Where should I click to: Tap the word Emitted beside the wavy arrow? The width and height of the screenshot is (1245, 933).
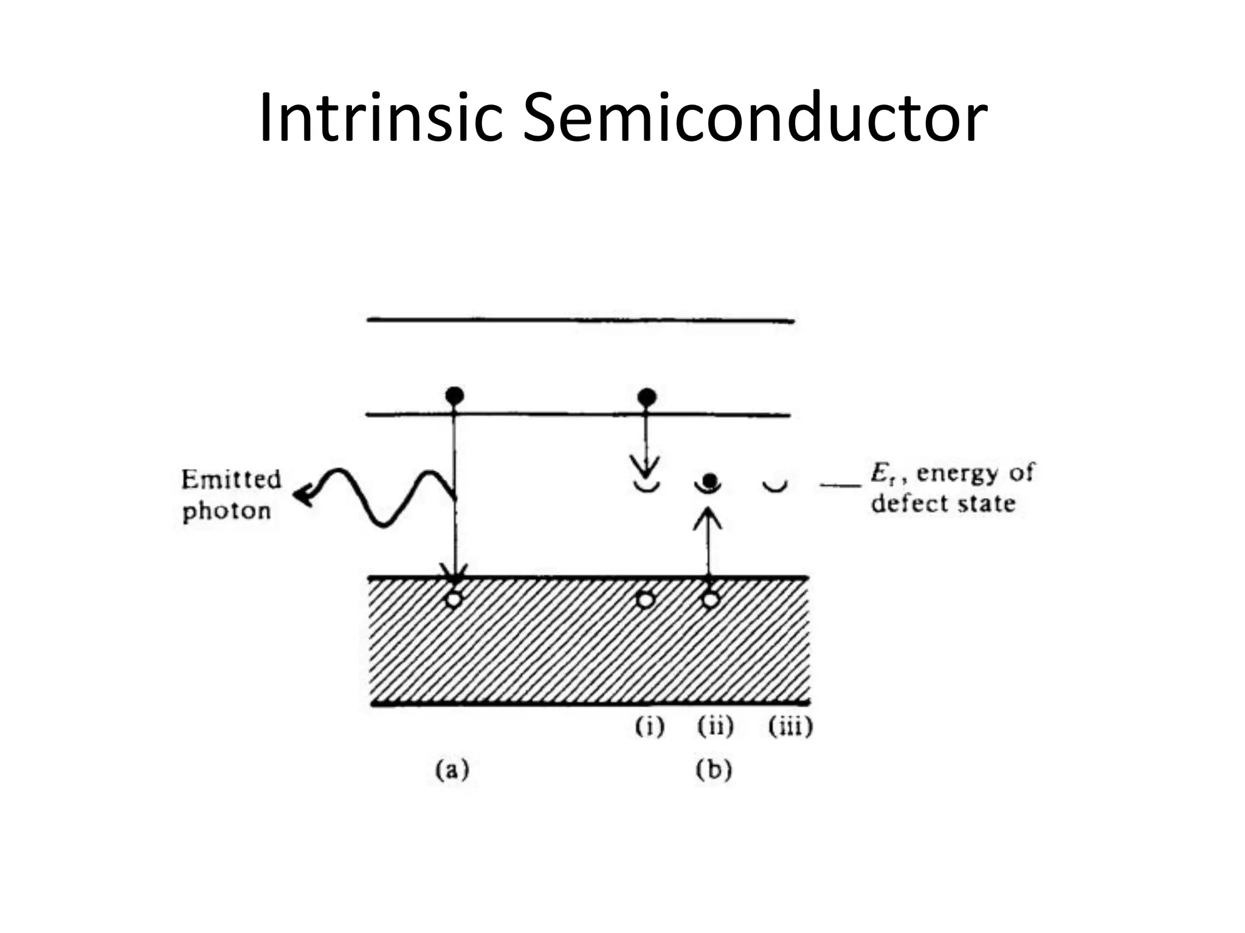click(x=231, y=479)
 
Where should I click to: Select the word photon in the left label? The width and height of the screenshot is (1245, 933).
click(x=227, y=511)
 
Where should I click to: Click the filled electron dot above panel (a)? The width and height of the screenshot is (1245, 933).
click(x=455, y=396)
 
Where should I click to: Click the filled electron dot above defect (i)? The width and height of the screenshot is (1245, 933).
click(x=646, y=397)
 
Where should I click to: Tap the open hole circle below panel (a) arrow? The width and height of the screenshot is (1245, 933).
click(x=454, y=600)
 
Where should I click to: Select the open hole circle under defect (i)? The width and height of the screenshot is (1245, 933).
click(x=645, y=600)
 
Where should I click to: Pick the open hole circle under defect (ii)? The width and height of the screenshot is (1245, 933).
click(x=710, y=600)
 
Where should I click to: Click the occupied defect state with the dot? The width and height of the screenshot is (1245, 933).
click(x=708, y=483)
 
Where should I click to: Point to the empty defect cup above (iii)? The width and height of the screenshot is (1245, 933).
click(x=775, y=486)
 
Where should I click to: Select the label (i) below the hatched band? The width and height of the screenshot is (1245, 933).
click(x=650, y=726)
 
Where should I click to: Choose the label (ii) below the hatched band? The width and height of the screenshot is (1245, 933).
click(x=716, y=726)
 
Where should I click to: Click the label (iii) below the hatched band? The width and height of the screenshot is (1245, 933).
click(x=790, y=726)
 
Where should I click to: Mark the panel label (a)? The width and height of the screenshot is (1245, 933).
click(x=452, y=770)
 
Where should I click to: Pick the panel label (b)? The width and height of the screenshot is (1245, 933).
click(x=714, y=770)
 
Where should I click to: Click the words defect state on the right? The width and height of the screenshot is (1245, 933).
click(x=943, y=504)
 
